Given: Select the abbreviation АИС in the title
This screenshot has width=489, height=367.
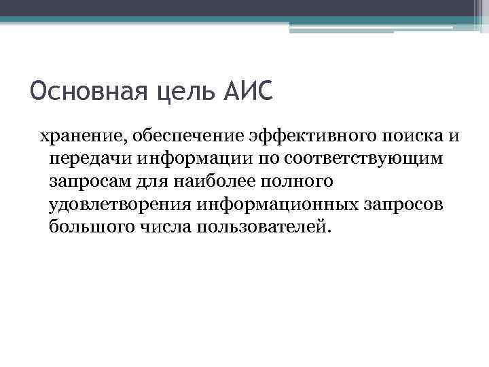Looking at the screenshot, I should tap(247, 90).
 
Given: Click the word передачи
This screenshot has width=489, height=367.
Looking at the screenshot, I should tap(90, 160).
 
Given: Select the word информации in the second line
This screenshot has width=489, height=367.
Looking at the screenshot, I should tap(194, 160).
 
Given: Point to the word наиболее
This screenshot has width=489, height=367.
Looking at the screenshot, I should tap(206, 181).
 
